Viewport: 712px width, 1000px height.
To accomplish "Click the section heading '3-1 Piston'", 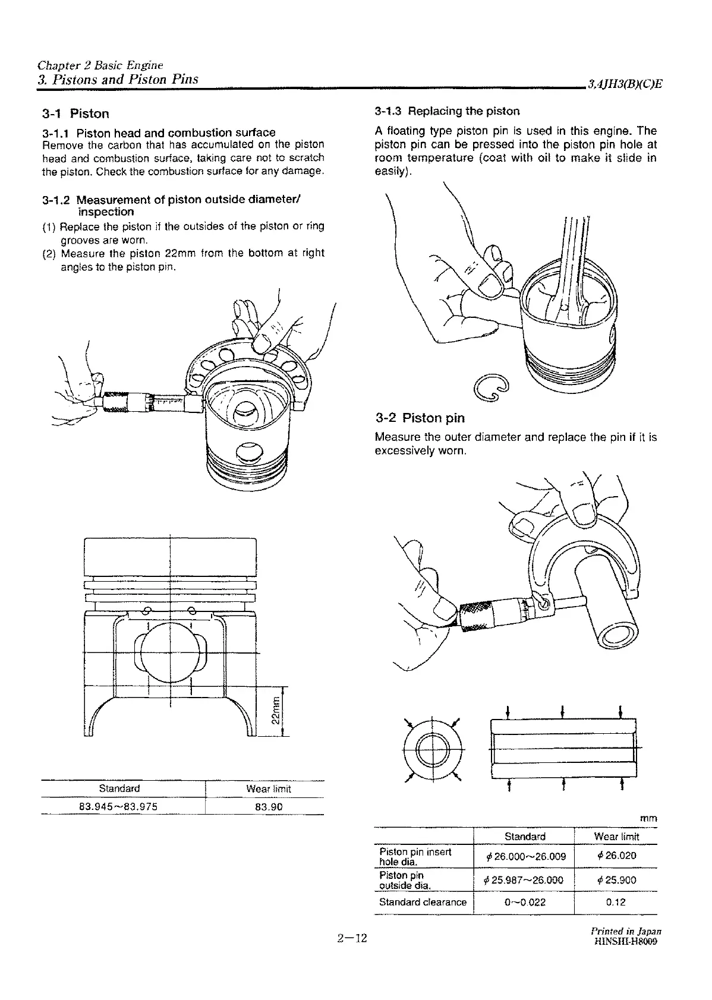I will point(75,113).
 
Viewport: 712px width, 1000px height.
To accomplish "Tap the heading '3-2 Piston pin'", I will point(420,418).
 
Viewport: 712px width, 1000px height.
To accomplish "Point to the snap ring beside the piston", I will point(490,390).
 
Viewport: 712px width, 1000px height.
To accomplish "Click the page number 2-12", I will point(352,955).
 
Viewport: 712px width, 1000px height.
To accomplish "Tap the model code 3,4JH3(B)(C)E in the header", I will point(624,84).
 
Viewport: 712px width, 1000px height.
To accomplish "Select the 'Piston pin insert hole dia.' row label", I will point(415,856).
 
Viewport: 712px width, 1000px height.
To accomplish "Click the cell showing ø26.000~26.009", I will point(524,856).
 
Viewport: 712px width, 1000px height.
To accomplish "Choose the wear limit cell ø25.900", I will point(616,880).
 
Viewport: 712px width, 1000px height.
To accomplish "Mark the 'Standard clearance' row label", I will point(423,902).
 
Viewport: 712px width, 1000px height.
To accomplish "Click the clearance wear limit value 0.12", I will point(616,902).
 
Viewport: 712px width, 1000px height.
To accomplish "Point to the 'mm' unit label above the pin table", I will point(648,818).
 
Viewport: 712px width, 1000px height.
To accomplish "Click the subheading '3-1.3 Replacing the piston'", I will point(447,111).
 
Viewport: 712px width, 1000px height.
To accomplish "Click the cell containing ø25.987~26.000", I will point(524,880).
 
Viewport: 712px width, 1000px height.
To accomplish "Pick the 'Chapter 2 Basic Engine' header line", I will point(100,65).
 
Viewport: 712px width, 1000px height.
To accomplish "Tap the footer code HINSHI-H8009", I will point(625,957).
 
